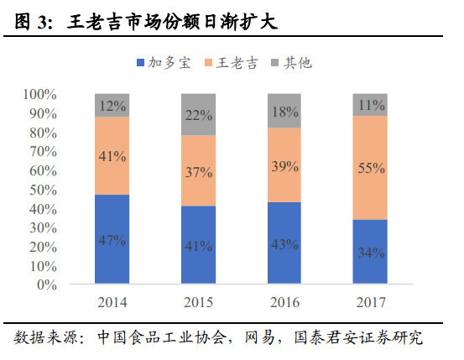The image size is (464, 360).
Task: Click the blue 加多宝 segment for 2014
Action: pyautogui.click(x=112, y=239)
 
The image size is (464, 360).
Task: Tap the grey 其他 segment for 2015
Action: pyautogui.click(x=197, y=114)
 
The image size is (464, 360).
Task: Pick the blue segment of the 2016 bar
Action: pyautogui.click(x=284, y=243)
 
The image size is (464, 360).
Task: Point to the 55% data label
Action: pyautogui.click(x=370, y=168)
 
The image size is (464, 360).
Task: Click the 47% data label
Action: pyautogui.click(x=112, y=240)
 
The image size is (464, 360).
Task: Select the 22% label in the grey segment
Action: pyautogui.click(x=197, y=115)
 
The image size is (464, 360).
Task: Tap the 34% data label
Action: pyautogui.click(x=370, y=253)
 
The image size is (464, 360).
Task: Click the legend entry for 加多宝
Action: pyautogui.click(x=167, y=62)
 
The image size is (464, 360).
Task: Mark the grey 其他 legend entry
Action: pyautogui.click(x=290, y=62)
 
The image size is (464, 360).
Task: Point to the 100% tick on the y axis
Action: pyautogui.click(x=39, y=94)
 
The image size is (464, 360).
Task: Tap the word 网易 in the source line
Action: pyautogui.click(x=258, y=338)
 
